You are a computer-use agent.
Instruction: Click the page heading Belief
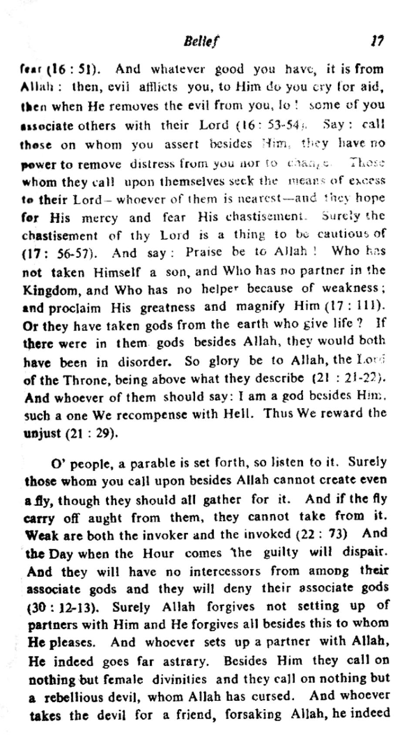click(202, 42)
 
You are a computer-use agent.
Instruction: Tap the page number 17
click(377, 41)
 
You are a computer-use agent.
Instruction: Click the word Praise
click(204, 252)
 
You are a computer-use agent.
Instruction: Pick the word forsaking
click(253, 715)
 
